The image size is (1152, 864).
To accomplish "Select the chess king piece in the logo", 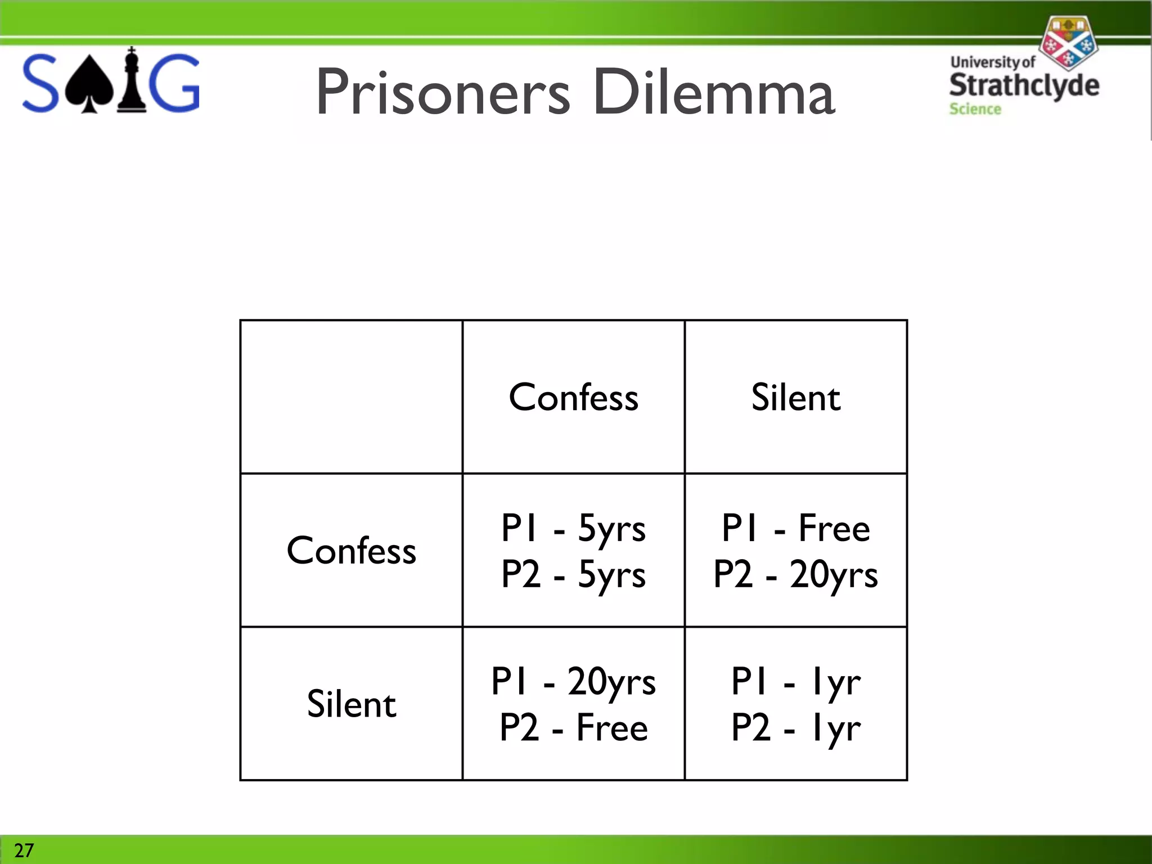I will coord(132,82).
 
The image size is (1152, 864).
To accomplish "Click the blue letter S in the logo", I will coord(40,83).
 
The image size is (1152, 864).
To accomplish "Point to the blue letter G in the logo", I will coord(176,83).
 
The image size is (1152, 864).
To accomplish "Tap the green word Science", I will coord(975,109).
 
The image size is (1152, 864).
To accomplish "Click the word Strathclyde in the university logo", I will coord(1024,85).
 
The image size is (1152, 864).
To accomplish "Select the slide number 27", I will coord(24,850).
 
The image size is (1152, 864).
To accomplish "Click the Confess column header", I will coord(573,398).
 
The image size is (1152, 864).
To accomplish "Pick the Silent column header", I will coord(795,398).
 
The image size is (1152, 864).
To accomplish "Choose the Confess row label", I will coord(352,551).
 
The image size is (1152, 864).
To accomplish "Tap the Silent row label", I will coord(352,704).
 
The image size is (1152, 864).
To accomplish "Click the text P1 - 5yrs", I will coord(573,529).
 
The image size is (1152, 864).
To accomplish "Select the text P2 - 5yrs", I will coord(573,575).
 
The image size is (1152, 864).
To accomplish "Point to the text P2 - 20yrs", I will coord(795,575).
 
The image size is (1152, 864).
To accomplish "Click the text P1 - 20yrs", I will coord(573,682).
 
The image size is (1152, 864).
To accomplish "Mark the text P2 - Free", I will coord(573,728).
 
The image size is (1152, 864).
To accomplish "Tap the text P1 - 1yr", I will coord(795,682).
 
